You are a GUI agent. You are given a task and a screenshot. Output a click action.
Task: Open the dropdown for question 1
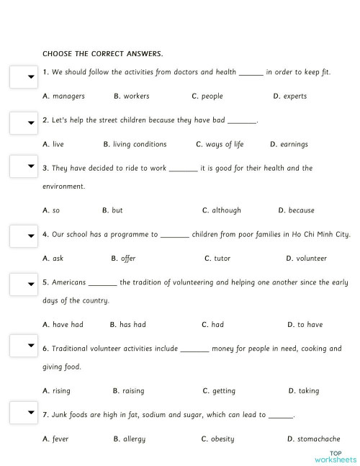(x=23, y=77)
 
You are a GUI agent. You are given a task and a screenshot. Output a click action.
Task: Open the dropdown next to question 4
(x=23, y=236)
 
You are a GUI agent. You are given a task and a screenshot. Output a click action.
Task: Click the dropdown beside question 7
(x=23, y=413)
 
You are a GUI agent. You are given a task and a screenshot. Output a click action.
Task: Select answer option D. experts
(x=290, y=96)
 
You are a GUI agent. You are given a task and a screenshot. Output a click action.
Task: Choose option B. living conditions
(x=135, y=144)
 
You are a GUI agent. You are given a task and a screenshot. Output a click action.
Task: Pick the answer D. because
(x=296, y=210)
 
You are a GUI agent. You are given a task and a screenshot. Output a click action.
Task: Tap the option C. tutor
(x=217, y=258)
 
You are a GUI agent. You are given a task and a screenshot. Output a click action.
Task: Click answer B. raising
(x=128, y=390)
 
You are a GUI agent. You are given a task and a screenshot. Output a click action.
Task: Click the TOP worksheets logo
(x=335, y=455)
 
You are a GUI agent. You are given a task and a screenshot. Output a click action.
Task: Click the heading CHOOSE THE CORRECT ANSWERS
(x=103, y=53)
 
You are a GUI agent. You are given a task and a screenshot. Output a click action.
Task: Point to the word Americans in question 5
(x=69, y=282)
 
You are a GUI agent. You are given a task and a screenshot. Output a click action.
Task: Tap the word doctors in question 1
(x=186, y=72)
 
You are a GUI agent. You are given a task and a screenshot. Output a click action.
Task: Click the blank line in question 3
(x=184, y=169)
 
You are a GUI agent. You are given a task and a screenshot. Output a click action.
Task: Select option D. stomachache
(x=313, y=439)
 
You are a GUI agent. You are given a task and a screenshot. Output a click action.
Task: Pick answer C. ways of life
(x=220, y=144)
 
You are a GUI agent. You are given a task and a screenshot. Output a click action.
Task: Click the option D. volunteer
(x=306, y=258)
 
